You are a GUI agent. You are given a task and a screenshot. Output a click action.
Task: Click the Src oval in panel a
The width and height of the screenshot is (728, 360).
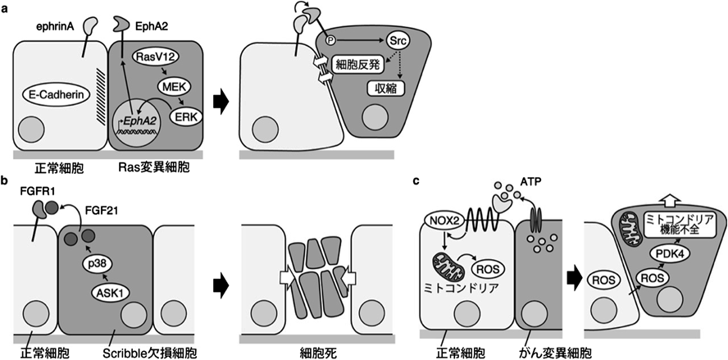[399, 39]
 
